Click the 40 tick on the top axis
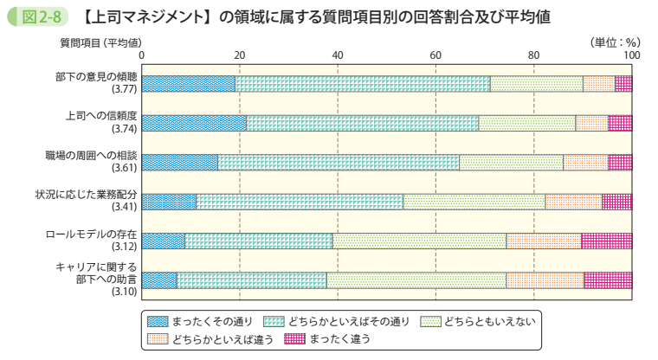pos(338,55)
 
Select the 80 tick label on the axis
pos(534,55)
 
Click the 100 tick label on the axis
pos(631,55)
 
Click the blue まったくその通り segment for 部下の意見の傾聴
pos(188,84)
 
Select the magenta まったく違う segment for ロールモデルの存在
pos(606,241)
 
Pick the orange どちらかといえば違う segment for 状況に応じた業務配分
pos(573,202)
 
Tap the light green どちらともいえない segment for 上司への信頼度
pos(526,123)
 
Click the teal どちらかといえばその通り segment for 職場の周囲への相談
pos(338,162)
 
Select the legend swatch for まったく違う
pos(295,338)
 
